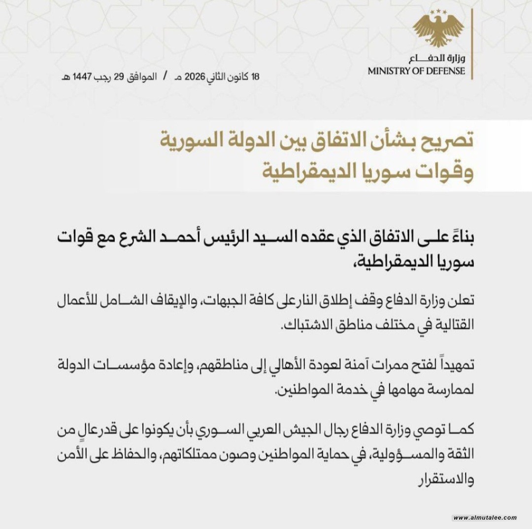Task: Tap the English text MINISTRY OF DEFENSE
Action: point(416,71)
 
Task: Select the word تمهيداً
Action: point(453,366)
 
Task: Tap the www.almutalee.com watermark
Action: point(485,517)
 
